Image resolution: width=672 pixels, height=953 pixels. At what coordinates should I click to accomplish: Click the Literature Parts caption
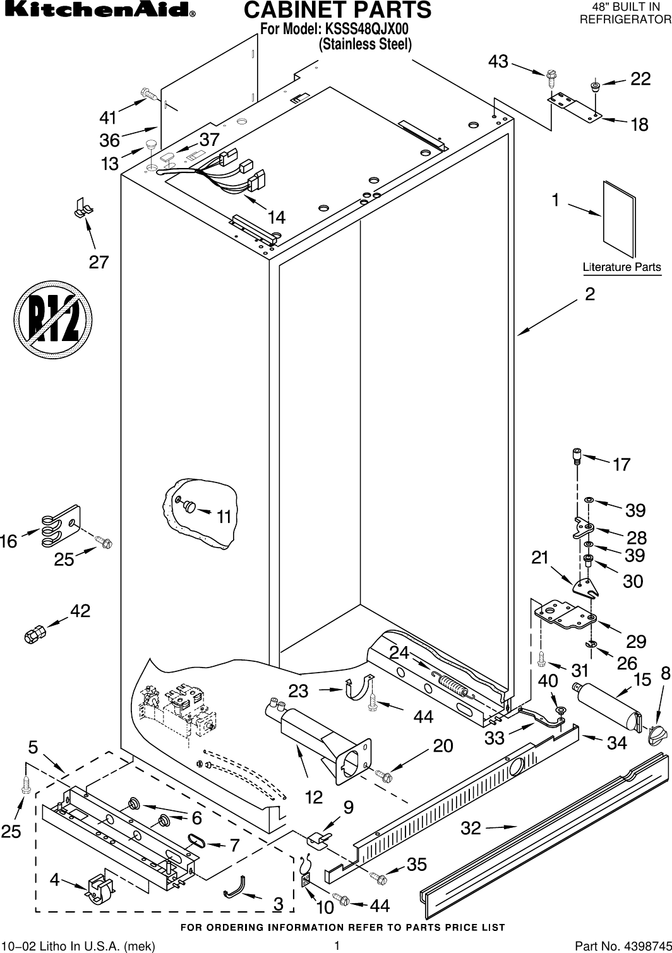pos(621,267)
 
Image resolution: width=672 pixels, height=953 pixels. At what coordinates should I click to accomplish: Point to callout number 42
pos(80,611)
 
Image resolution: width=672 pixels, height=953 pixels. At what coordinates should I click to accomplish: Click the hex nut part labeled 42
pos(34,633)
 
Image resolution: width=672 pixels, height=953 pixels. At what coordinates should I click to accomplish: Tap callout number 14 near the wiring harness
pos(276,217)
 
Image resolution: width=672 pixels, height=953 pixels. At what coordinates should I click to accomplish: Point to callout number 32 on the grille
pos(471,827)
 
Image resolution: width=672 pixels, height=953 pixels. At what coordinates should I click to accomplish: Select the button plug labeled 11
pos(188,505)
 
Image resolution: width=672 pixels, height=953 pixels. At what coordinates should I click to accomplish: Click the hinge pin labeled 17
pos(577,455)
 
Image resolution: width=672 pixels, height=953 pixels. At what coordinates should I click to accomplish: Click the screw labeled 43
pos(551,77)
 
